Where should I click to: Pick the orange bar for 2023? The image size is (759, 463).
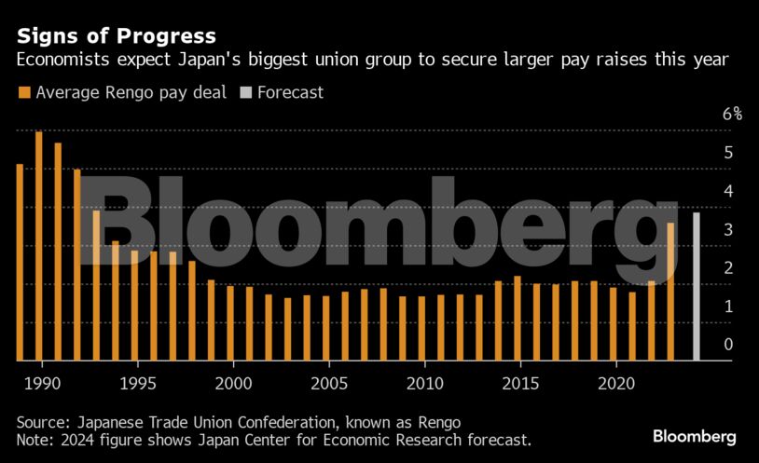670,292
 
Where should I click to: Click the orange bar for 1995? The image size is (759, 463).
134,306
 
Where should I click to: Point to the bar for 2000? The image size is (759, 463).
230,322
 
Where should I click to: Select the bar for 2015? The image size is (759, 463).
517,318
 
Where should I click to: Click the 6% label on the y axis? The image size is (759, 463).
732,115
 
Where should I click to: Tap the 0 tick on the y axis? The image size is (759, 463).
728,345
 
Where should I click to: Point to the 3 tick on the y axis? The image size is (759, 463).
728,229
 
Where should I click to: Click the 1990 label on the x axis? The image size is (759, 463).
39,383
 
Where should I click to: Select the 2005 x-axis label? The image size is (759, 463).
326,383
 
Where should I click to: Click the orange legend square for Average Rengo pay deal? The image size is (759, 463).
23,93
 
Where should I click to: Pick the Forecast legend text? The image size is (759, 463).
290,93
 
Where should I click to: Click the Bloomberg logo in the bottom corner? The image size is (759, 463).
694,436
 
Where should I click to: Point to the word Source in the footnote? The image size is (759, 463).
38,420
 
